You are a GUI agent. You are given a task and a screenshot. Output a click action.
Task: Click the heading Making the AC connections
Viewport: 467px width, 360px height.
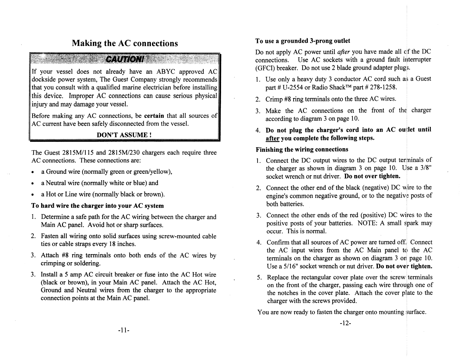[125, 43]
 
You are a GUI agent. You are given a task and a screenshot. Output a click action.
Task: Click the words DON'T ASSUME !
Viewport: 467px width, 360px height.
[124, 135]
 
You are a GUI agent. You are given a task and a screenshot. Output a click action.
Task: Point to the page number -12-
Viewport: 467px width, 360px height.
[345, 323]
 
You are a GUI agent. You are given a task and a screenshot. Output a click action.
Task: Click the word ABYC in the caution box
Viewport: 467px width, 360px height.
[165, 72]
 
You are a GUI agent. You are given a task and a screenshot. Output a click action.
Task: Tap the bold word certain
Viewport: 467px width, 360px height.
[154, 116]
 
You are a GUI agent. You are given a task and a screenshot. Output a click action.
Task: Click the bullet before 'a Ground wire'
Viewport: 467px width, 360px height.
[32, 172]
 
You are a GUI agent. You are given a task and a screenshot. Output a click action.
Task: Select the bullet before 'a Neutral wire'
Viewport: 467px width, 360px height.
[32, 183]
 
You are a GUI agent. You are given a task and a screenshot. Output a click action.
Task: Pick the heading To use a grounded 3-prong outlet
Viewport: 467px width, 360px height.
[303, 41]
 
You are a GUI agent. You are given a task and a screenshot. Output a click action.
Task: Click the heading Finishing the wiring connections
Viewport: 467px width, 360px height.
[302, 149]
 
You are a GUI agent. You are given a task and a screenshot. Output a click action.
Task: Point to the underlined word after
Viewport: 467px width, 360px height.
[272, 138]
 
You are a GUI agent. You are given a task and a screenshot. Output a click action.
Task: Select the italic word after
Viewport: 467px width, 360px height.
[344, 52]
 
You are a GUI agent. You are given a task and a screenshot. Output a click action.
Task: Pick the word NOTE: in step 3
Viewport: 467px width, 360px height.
[367, 223]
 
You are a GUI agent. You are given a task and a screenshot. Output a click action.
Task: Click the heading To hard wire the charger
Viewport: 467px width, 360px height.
[97, 205]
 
